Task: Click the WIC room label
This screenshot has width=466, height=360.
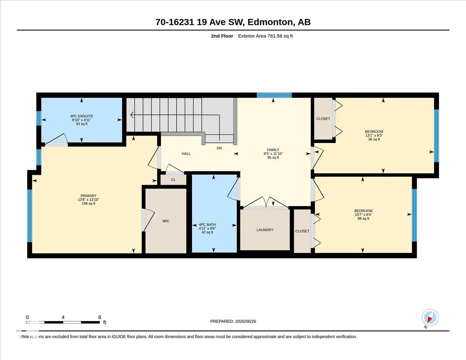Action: point(166,221)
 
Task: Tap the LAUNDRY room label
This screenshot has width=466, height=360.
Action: point(265,230)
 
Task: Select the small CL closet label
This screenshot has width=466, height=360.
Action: point(173,180)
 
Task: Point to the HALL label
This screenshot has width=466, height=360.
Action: point(186,153)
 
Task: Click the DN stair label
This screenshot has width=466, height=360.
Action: point(219,148)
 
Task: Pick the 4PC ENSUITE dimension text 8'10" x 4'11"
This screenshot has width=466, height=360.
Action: point(82,120)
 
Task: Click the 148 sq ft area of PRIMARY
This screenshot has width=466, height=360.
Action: point(89,203)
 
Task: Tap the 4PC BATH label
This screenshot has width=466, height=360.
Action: point(207,224)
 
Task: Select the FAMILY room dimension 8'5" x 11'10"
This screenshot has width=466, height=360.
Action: point(273,153)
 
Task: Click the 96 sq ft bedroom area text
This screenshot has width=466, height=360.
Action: point(374,139)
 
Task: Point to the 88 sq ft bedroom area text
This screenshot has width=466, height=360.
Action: point(363,219)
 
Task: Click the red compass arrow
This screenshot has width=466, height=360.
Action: point(430,320)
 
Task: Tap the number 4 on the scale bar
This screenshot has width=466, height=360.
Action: point(63,317)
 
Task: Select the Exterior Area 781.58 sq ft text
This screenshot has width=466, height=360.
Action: point(265,36)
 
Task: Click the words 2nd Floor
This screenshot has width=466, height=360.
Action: point(222,36)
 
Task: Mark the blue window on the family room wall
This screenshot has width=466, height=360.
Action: point(274,95)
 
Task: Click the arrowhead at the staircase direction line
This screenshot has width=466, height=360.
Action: point(132,115)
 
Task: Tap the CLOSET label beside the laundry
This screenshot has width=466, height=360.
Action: point(302,231)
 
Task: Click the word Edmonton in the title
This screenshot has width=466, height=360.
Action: point(270,22)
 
